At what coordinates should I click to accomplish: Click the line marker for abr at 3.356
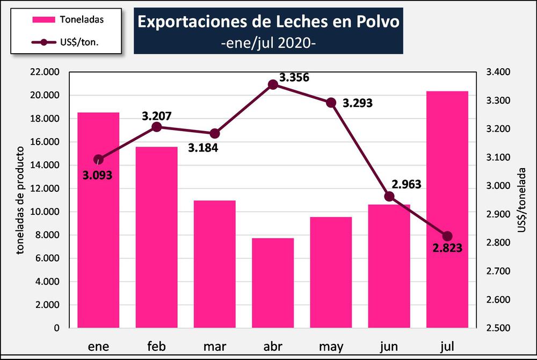tap(273, 84)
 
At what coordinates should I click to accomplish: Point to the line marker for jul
tap(447, 236)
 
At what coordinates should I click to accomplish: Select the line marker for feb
tap(157, 127)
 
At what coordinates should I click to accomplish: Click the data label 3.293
tap(357, 103)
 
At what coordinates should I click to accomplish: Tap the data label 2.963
tap(406, 185)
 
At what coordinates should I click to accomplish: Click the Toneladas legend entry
tap(68, 20)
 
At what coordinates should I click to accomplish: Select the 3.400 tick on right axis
tap(498, 72)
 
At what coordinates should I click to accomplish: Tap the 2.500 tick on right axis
tap(498, 328)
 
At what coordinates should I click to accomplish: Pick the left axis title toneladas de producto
tap(20, 200)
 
